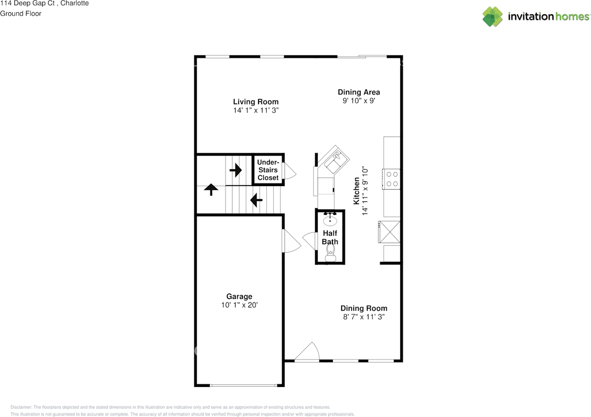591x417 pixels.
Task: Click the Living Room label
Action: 256,102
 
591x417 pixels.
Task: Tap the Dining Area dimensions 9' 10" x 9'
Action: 359,101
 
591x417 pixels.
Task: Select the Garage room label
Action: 239,296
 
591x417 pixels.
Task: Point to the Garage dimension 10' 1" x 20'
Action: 239,305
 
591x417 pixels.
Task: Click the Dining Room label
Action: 364,308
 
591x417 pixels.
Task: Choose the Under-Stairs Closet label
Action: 268,169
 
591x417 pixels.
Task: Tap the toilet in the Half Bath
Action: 330,253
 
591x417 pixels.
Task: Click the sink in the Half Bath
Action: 330,220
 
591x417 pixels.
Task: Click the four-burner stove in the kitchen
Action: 391,179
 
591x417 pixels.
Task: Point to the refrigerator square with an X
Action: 389,232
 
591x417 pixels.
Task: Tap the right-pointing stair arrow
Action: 235,170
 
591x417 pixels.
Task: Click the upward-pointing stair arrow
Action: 211,189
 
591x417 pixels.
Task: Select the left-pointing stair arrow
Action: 256,200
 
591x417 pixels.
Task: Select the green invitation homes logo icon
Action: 493,17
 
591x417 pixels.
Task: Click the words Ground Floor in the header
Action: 21,13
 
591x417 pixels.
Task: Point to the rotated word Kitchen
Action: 356,191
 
